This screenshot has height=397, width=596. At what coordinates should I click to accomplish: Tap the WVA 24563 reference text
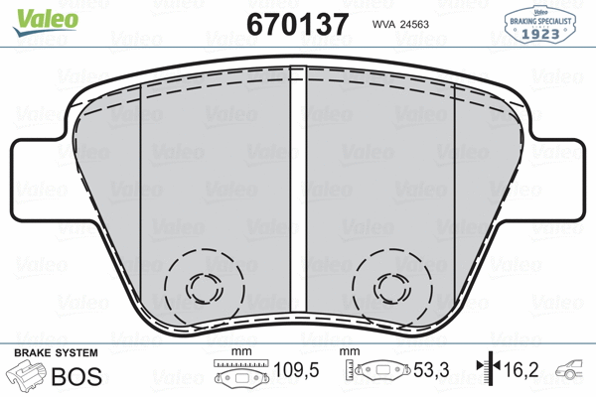(404, 26)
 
